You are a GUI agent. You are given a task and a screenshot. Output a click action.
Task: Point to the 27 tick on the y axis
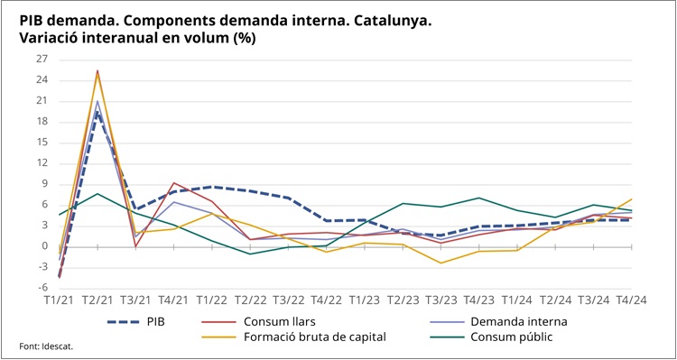coord(42,60)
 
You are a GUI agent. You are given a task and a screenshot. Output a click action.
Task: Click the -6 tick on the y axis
coord(42,287)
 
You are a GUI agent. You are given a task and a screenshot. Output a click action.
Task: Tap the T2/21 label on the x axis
coord(97,300)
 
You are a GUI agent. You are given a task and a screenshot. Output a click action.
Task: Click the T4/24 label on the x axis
coord(631,300)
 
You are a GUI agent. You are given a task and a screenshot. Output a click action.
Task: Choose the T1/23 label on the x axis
coord(364,300)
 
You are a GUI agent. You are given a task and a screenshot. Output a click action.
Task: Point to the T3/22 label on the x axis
coord(288,300)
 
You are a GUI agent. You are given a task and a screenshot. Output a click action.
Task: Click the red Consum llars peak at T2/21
coord(97,70)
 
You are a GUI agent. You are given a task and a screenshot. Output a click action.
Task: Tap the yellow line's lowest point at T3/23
coord(441,263)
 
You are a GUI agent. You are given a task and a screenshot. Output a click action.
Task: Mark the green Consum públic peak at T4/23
coord(478,198)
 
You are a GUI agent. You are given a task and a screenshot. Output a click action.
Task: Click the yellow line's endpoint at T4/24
coord(631,199)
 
